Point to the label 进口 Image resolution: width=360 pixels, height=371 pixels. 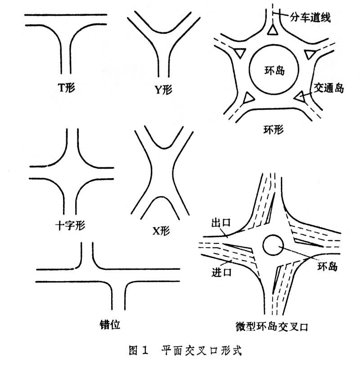[x=220, y=273]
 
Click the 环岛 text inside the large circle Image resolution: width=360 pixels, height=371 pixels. [x=273, y=70]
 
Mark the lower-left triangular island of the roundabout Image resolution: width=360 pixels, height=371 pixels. [x=248, y=98]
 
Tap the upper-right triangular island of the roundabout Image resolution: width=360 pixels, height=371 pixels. [x=310, y=54]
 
